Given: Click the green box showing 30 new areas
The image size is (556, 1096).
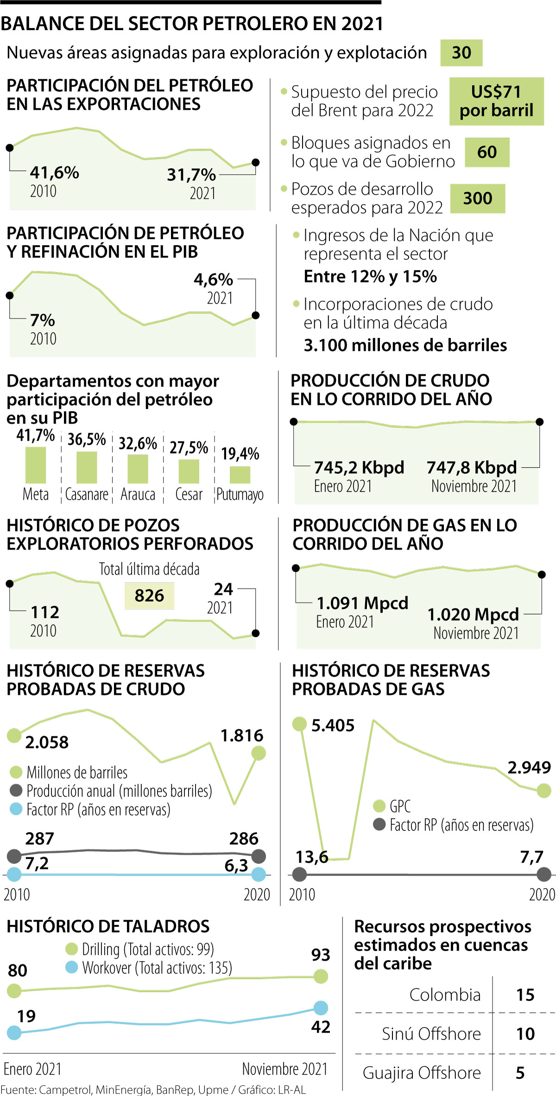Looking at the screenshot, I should click(461, 53).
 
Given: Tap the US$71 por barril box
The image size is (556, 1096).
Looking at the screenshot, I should click(496, 101).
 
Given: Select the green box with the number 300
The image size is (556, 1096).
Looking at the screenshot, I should click(478, 198).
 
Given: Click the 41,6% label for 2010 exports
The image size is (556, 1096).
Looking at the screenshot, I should click(55, 173).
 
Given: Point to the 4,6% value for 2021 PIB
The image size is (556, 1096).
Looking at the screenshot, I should click(213, 279).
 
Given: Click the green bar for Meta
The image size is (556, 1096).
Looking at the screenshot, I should click(36, 465).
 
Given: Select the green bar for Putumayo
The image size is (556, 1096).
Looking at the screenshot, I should click(240, 475).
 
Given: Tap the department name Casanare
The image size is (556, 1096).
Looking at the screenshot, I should click(87, 494).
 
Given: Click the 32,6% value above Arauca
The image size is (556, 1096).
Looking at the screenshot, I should click(138, 443).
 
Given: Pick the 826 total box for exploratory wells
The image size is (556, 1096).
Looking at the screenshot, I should click(149, 596).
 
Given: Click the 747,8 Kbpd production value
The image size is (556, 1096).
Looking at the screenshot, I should click(472, 468).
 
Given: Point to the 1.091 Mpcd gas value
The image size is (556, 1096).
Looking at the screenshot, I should click(362, 603).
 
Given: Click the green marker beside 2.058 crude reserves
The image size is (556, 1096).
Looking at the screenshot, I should click(14, 735).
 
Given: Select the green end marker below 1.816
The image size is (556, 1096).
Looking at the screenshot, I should click(258, 754).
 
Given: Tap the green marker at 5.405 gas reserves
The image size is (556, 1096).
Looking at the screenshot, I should click(300, 724).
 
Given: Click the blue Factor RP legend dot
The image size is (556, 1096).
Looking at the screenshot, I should click(16, 809).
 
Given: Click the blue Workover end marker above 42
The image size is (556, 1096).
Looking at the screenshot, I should click(321, 1007).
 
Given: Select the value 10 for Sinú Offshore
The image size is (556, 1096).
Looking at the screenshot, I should click(525, 1034).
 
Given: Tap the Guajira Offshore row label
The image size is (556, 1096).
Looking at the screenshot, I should click(422, 1072).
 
